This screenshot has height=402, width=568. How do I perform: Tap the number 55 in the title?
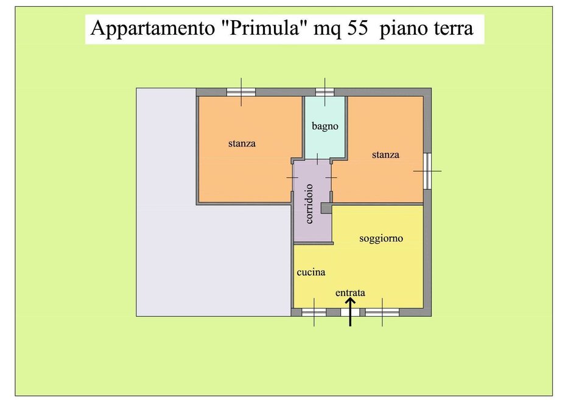357,28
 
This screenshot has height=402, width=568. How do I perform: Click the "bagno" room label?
325,126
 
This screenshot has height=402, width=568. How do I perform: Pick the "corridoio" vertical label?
309,203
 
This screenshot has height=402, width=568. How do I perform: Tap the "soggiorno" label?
381,239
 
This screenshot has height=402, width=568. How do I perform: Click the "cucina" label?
311,272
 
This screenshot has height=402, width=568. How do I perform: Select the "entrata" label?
350,292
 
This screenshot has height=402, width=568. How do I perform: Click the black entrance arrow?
350,312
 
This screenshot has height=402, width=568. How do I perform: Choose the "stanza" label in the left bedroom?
242,143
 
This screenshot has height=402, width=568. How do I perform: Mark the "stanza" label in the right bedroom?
385,155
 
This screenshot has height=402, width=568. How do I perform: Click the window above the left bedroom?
241,92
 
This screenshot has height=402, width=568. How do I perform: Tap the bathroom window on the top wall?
324,92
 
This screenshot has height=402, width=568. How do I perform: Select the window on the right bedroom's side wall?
427,171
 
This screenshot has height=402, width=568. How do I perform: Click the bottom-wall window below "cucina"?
314,312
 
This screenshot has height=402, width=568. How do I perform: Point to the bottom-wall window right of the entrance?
382,312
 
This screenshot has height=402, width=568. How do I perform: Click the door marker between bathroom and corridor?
317,159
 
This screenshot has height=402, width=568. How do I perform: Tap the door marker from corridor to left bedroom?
292,177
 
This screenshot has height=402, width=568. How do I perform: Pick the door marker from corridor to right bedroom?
331,177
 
